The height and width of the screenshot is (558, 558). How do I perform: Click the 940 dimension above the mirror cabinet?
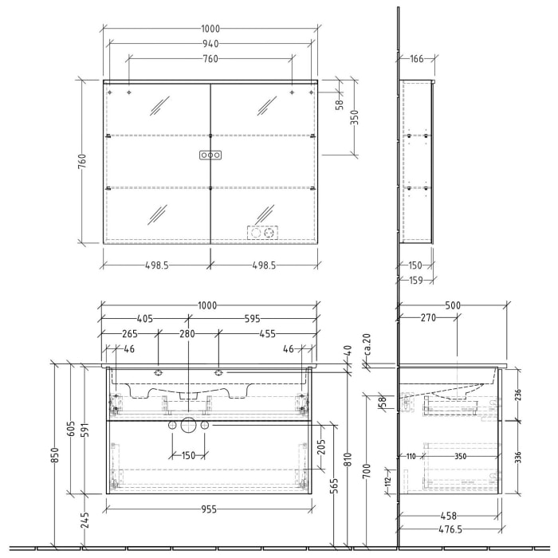pos(210,44)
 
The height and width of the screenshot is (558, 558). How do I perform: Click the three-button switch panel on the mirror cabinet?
pos(210,155)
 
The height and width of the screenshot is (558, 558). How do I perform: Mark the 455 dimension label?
pos(265,334)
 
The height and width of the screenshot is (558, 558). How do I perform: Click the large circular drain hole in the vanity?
pos(188,426)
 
